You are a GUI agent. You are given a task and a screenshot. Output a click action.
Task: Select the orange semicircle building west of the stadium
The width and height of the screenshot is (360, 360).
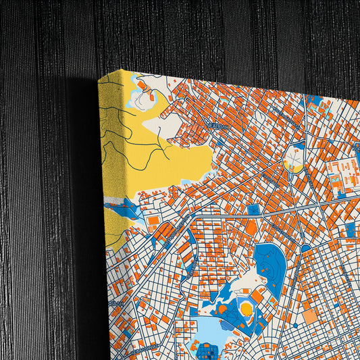pos(222,309)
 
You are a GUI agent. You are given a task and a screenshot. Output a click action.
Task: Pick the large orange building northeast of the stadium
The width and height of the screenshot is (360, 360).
pos(260,295)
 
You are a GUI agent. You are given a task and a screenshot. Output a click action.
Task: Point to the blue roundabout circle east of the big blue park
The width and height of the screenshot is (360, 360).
pos(306,249)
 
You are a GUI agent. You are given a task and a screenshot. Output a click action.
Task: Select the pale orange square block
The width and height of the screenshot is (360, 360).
pos(310,316)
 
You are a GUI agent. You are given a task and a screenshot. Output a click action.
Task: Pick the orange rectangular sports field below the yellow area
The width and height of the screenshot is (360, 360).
pos(154,220)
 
